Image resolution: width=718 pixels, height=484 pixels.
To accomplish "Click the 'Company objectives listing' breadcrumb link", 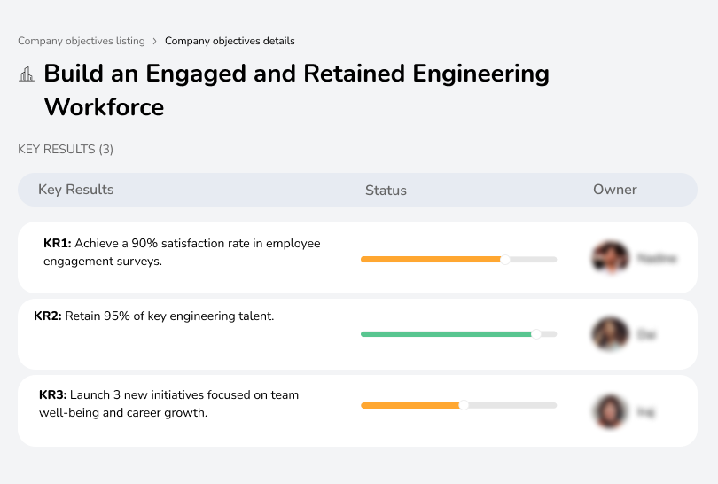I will tap(81, 41).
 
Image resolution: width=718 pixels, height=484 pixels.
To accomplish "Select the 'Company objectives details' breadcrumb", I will tap(230, 41).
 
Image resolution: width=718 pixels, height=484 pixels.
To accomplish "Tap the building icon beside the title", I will tap(27, 75).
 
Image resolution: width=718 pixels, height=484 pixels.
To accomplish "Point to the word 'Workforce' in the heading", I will tap(104, 107).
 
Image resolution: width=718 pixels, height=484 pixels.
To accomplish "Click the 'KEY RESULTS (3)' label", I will tap(66, 150).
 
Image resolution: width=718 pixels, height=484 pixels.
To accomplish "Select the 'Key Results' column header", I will tap(75, 190).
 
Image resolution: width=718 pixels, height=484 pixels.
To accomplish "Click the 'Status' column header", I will tap(386, 190).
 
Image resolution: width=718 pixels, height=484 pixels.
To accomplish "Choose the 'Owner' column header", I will tap(614, 190).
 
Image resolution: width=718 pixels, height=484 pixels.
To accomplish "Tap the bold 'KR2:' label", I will tap(48, 316).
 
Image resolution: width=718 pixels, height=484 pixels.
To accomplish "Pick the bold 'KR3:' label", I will tap(53, 394).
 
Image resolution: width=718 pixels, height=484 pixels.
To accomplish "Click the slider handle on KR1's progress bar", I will tap(505, 259).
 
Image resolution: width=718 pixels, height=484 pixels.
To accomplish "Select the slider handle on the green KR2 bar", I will tap(535, 334).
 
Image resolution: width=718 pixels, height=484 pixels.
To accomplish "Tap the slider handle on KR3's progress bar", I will tap(463, 405).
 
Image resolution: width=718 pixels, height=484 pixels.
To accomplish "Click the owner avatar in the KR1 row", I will tap(610, 258).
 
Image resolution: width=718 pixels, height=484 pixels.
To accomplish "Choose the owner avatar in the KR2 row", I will tap(610, 334).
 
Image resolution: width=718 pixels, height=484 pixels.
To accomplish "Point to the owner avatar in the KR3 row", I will tap(610, 411).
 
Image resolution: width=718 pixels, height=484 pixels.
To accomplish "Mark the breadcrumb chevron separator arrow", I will tap(154, 41).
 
